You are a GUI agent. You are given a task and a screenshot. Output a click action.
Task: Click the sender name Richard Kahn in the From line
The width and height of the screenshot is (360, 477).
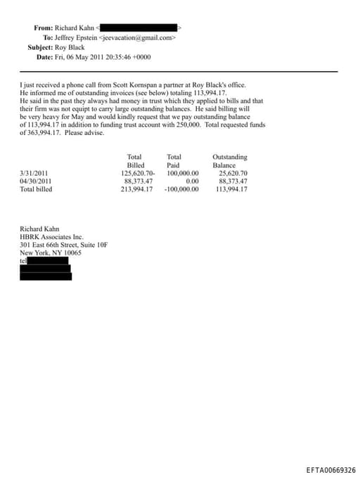click(x=74, y=27)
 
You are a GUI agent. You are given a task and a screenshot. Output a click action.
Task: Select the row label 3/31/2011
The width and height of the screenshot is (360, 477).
click(x=33, y=173)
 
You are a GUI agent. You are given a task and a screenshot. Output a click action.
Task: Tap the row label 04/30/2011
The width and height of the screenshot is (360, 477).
click(x=34, y=181)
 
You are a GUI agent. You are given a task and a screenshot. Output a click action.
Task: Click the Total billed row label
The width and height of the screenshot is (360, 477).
click(x=36, y=189)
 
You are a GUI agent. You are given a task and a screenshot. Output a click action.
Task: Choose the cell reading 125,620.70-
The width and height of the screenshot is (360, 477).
click(x=138, y=173)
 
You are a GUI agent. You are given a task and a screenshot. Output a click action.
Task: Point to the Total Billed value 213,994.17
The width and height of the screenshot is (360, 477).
click(x=137, y=189)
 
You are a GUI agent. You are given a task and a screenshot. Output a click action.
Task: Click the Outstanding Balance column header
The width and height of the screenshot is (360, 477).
click(x=229, y=160)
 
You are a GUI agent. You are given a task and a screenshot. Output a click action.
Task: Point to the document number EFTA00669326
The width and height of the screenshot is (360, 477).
click(x=331, y=470)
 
